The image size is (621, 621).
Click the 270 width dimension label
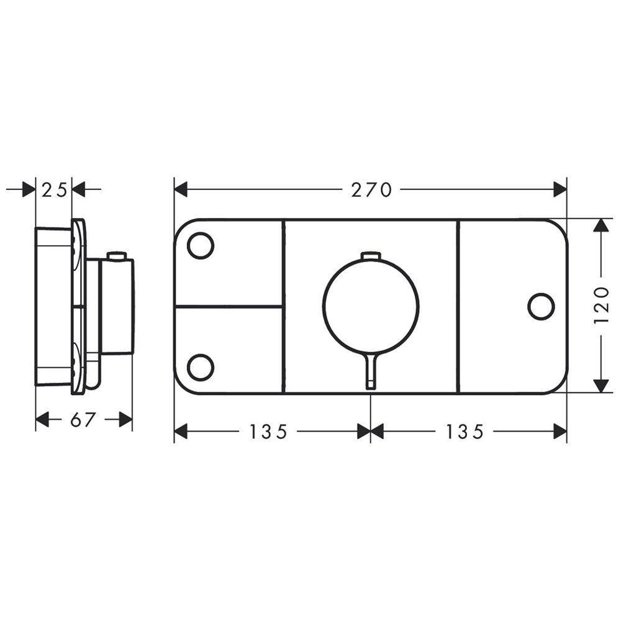[x=371, y=190]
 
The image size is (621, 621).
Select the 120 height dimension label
[x=601, y=305]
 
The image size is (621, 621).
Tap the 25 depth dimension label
[x=54, y=191]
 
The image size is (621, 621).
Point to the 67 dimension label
[x=84, y=420]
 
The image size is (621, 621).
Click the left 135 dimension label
[x=268, y=432]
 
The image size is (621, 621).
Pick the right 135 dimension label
[x=465, y=432]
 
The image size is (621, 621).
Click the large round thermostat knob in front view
[x=371, y=306]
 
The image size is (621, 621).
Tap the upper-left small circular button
[x=201, y=245]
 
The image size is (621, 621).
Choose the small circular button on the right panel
[x=542, y=306]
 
